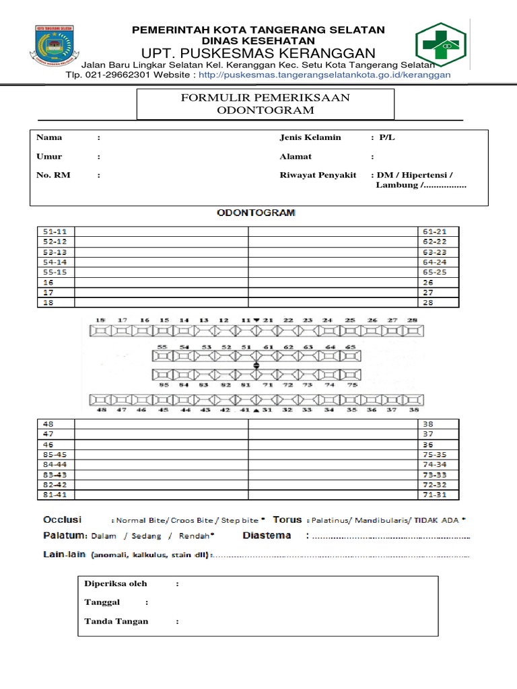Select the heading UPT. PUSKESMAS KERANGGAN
[x=258, y=53]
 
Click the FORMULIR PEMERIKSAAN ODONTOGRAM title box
[x=265, y=104]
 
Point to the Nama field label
[x=49, y=137]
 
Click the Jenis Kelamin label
[x=310, y=137]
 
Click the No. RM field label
[x=53, y=175]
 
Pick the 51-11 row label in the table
[x=55, y=231]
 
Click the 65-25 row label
[x=435, y=272]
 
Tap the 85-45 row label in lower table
[x=55, y=455]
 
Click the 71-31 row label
[x=435, y=495]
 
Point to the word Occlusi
[x=62, y=520]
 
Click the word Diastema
[x=267, y=536]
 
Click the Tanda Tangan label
[x=116, y=621]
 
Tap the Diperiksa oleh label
[x=116, y=583]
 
